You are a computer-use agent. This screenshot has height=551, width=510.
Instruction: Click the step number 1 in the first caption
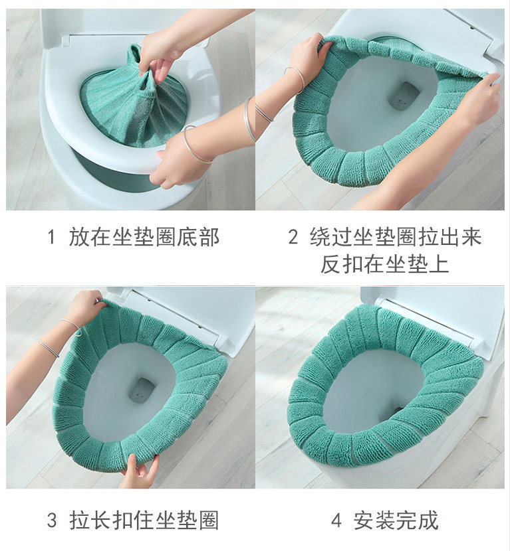pyautogui.click(x=51, y=238)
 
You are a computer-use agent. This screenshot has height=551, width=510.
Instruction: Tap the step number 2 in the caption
pyautogui.click(x=293, y=238)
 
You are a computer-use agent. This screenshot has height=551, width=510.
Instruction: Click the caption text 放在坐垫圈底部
pyautogui.click(x=144, y=238)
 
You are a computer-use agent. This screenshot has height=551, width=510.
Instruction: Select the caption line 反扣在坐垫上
pyautogui.click(x=384, y=264)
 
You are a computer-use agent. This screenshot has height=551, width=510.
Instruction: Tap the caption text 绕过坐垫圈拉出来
pyautogui.click(x=395, y=238)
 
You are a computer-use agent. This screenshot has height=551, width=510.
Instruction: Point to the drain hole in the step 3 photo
pyautogui.click(x=142, y=390)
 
